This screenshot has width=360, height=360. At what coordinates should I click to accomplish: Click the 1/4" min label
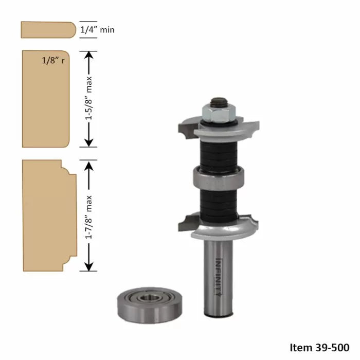(x=97, y=30)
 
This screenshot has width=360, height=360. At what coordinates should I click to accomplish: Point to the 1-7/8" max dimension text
(x=89, y=216)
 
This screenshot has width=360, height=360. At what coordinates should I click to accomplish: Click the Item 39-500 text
(x=319, y=347)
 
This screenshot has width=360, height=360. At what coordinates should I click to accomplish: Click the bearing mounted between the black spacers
(x=219, y=178)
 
